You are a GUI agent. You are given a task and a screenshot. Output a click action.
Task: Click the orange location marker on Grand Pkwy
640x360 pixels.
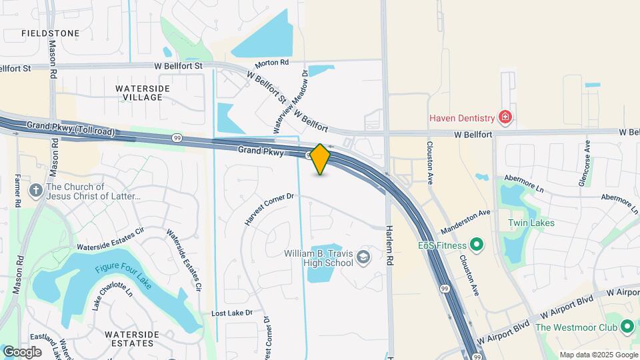pos(321,159)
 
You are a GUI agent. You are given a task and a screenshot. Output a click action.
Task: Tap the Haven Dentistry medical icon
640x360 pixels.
pos(505,118)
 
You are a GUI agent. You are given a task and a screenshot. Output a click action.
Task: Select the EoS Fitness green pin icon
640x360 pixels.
pos(476,245)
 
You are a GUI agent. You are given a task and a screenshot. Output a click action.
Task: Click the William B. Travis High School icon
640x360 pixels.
pos(363,257)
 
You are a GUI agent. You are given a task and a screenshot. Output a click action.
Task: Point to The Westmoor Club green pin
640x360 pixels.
pos(627,327)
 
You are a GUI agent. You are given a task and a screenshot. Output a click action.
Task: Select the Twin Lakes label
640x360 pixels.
pos(527,223)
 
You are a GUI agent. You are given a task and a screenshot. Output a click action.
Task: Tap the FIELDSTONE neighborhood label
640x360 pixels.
pos(50,33)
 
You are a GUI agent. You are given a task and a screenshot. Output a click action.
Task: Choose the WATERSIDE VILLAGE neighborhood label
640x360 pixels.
pos(139,93)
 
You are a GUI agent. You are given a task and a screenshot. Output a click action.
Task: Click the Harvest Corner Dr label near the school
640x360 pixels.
pos(269,209)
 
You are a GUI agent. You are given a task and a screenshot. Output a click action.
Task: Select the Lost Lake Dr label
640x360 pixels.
pos(232,313)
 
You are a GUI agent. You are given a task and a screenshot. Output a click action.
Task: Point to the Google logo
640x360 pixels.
pos(22,351)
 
